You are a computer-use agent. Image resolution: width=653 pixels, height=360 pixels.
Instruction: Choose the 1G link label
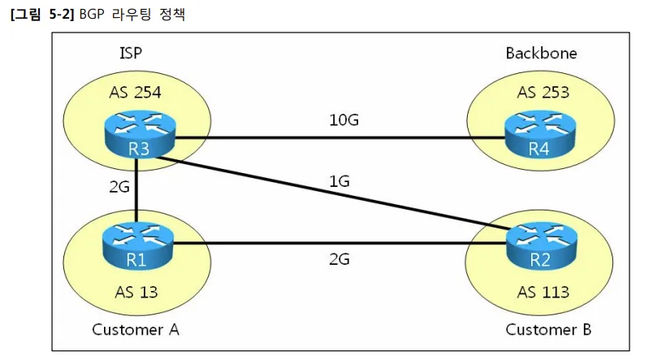(x=339, y=182)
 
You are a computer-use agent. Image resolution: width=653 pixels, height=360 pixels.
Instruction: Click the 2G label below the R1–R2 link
(x=339, y=260)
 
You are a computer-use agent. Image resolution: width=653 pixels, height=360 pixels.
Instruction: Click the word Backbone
(x=541, y=54)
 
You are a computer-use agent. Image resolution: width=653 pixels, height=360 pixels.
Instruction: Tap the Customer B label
(x=548, y=329)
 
